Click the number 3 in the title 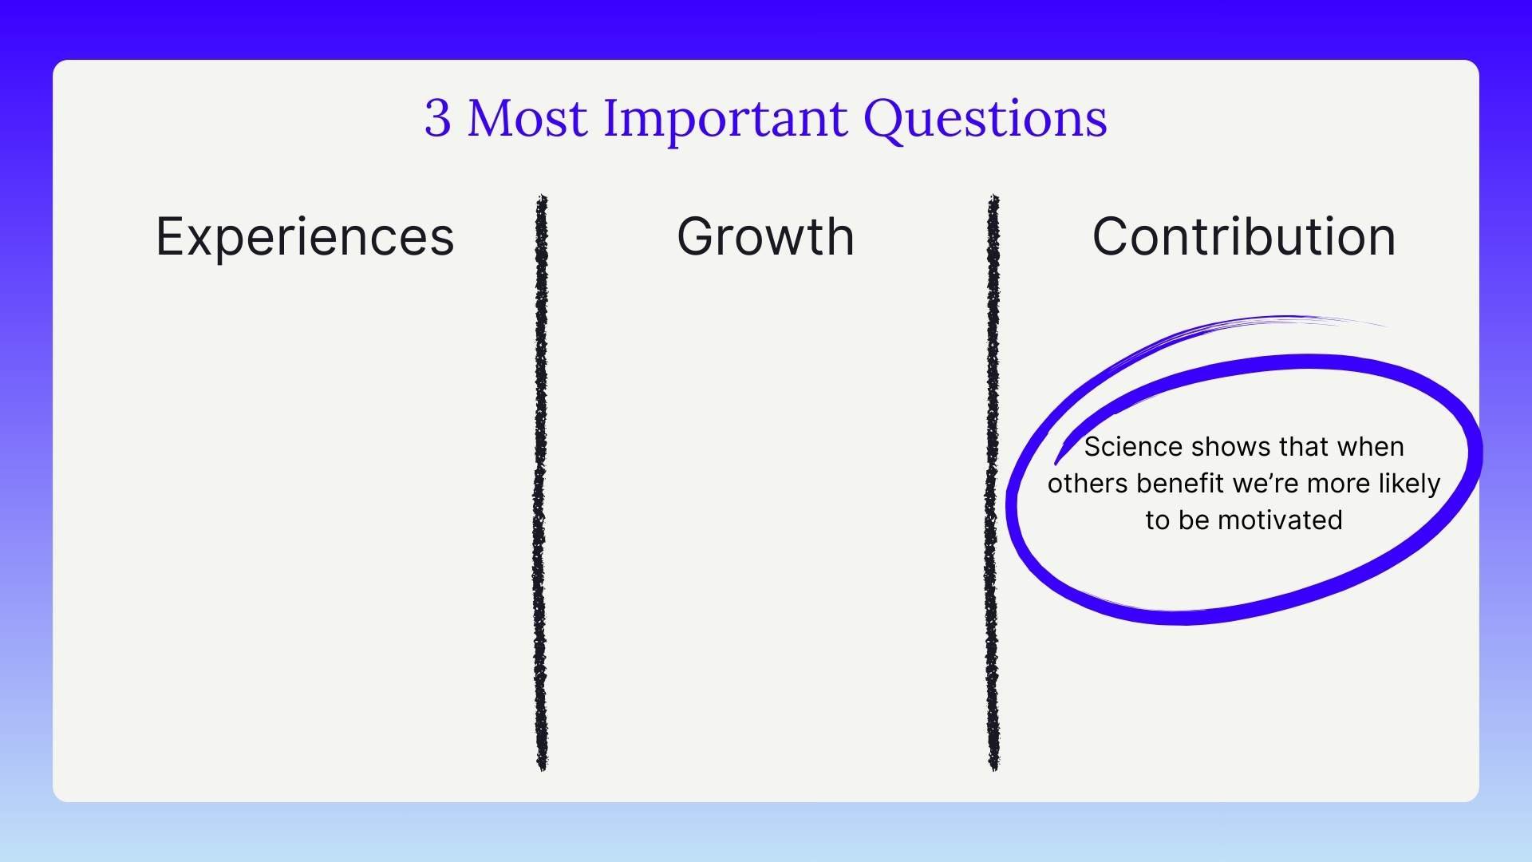(x=437, y=118)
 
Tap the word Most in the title (x=527, y=118)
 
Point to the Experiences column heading (x=305, y=237)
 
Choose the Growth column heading (x=765, y=237)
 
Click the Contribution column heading (x=1243, y=237)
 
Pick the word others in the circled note (x=1088, y=484)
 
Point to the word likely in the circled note (x=1412, y=484)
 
